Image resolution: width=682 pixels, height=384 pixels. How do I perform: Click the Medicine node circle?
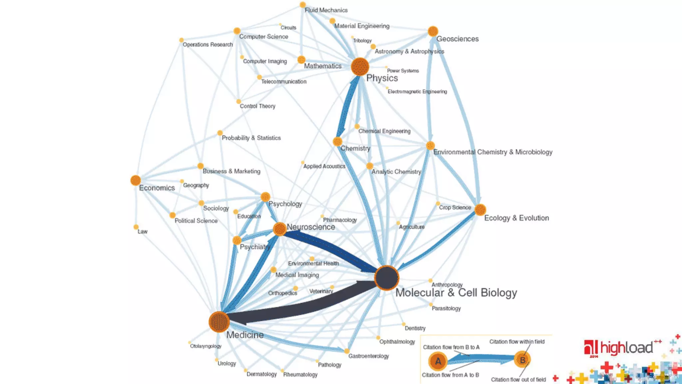click(x=219, y=322)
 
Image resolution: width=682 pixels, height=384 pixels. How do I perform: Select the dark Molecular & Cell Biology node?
click(x=387, y=278)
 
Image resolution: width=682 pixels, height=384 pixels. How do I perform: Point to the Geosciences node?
click(x=433, y=31)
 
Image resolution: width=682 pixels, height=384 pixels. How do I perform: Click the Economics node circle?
click(x=136, y=180)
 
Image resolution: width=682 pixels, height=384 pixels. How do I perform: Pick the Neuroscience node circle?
click(x=280, y=229)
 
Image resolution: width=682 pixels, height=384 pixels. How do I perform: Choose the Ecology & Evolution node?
click(x=480, y=210)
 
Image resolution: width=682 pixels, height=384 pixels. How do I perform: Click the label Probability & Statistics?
click(x=251, y=138)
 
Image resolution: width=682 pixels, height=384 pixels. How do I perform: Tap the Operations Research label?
click(x=208, y=45)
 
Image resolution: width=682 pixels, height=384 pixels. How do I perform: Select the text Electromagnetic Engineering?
click(x=417, y=92)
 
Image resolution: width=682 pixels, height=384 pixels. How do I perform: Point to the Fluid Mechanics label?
click(x=326, y=10)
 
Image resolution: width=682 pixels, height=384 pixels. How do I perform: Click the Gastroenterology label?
click(x=369, y=356)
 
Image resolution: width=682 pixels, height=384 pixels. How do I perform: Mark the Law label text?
click(x=143, y=232)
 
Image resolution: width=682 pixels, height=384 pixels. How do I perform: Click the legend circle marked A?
click(x=438, y=361)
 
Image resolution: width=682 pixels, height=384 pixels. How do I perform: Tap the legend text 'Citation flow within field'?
click(x=517, y=342)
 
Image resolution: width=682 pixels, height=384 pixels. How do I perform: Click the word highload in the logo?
click(x=626, y=348)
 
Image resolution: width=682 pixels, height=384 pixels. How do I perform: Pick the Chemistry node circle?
click(x=337, y=142)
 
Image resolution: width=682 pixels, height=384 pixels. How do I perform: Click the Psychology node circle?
click(x=265, y=197)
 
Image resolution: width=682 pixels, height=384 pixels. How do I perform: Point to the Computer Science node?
click(x=237, y=31)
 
